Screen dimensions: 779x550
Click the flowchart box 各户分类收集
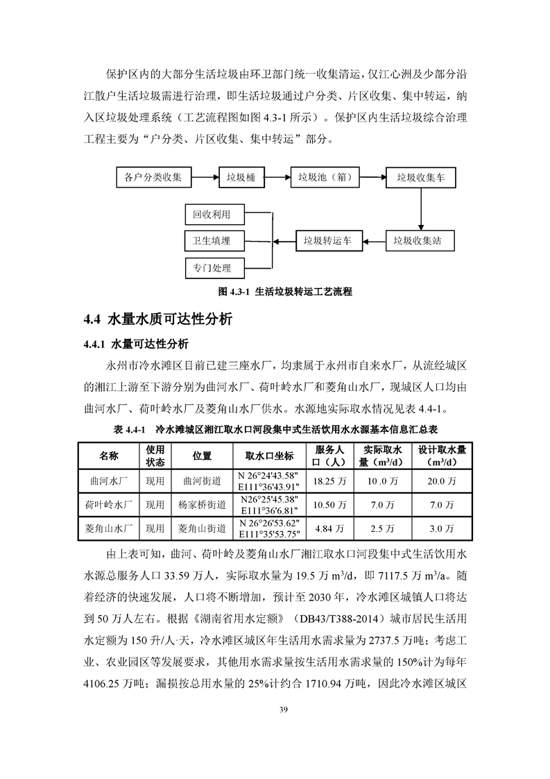tap(153, 178)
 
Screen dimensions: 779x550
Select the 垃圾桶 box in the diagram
tap(241, 178)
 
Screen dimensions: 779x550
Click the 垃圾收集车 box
tap(421, 178)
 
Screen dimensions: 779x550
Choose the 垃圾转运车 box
tap(327, 241)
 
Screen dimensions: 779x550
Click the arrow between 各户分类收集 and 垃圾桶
tap(205, 178)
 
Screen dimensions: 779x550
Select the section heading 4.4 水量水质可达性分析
tap(158, 320)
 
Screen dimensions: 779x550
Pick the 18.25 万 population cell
tap(330, 480)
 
